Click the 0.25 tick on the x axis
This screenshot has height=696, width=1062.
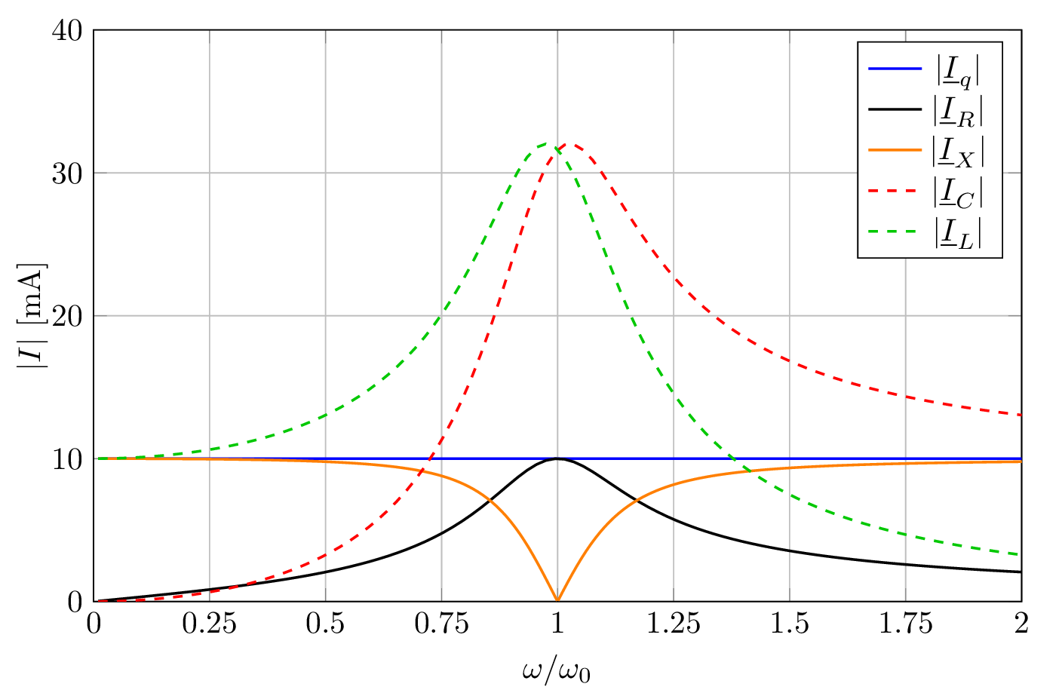(x=210, y=624)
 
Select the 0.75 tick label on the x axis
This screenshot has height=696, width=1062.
(x=441, y=624)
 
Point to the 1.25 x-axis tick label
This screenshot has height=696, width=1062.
(x=674, y=624)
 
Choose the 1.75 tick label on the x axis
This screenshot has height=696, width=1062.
(x=905, y=624)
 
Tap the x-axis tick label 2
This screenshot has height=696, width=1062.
(x=1021, y=624)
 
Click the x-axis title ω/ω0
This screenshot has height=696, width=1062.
(x=557, y=670)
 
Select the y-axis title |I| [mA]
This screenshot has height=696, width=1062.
(x=32, y=315)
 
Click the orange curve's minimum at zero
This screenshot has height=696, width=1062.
(x=557, y=600)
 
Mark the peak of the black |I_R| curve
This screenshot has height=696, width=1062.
(x=557, y=458)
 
